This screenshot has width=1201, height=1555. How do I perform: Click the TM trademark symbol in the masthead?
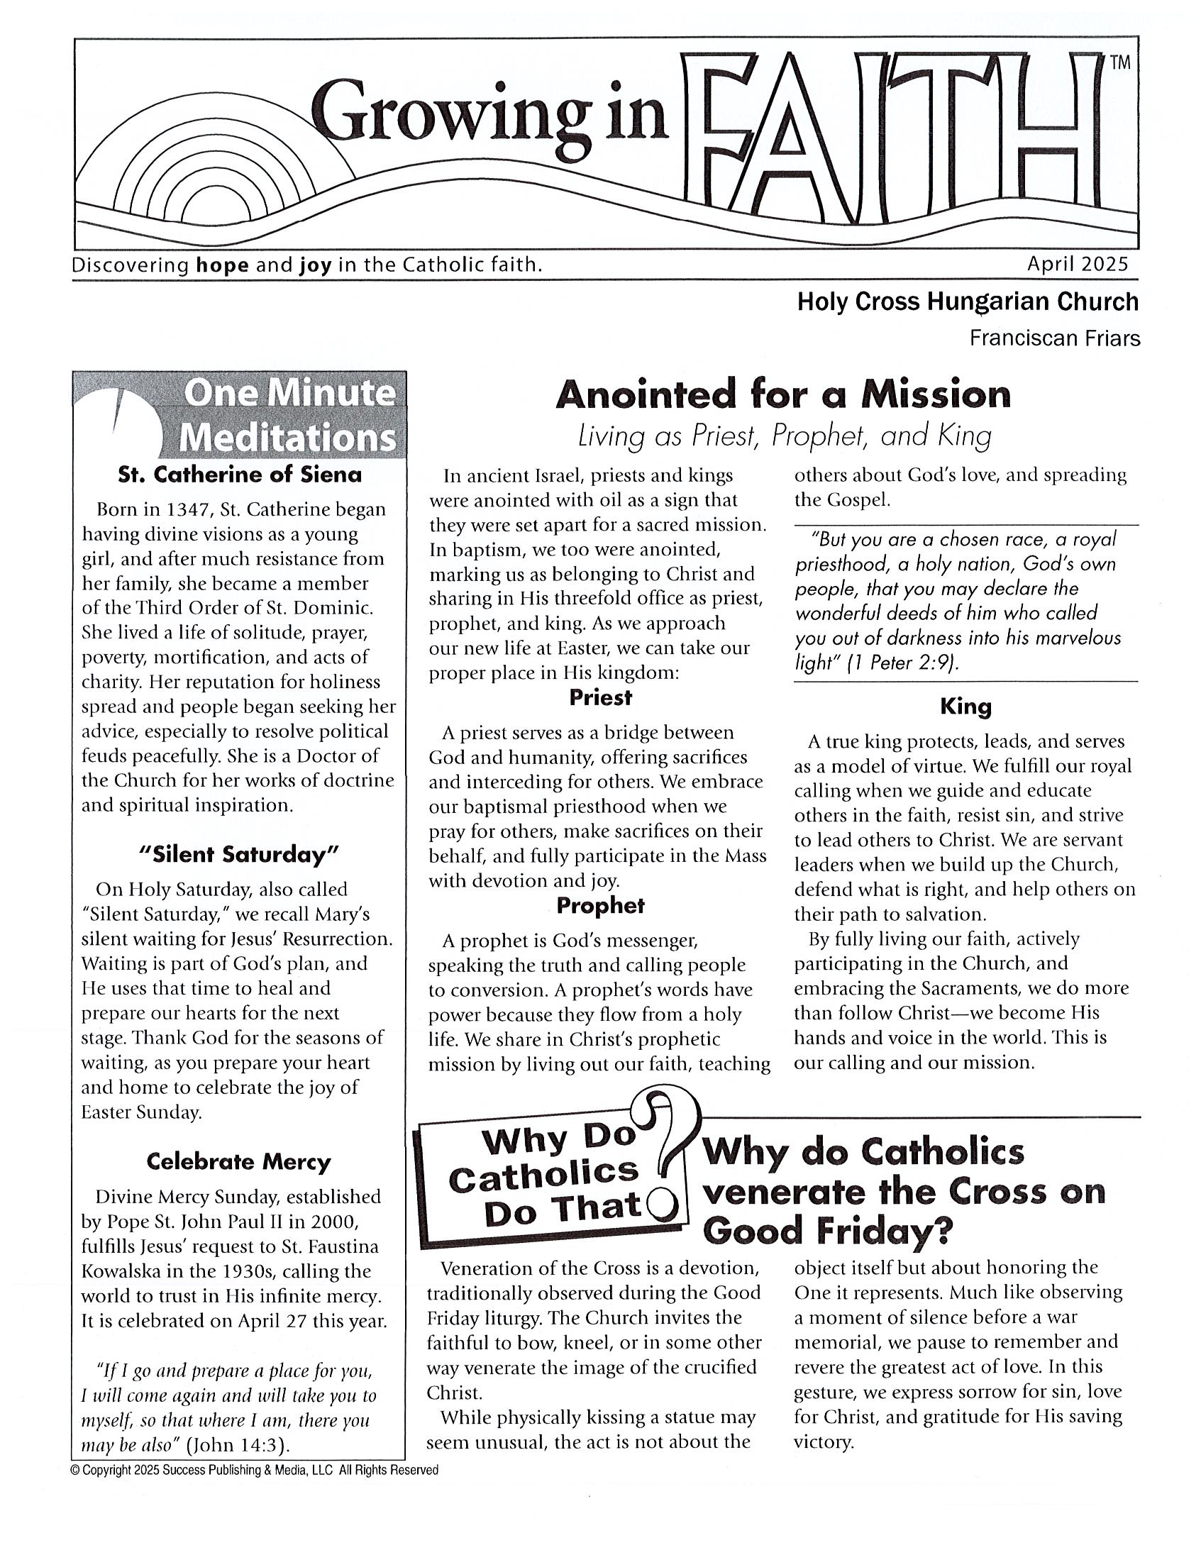pyautogui.click(x=1120, y=62)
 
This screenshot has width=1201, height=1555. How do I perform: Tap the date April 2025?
pyautogui.click(x=1077, y=265)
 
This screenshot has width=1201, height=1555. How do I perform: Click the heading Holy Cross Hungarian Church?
pyautogui.click(x=968, y=302)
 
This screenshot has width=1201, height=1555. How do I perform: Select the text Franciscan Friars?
pyautogui.click(x=1054, y=338)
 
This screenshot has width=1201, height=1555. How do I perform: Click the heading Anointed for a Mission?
pyautogui.click(x=782, y=395)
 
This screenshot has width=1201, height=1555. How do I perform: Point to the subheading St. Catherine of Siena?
pyautogui.click(x=240, y=475)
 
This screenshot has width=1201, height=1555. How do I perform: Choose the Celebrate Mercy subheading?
pyautogui.click(x=238, y=1162)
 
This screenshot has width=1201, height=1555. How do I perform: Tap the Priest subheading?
pyautogui.click(x=600, y=698)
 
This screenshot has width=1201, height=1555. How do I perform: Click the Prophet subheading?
pyautogui.click(x=600, y=906)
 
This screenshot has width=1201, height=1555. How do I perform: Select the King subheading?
pyautogui.click(x=965, y=707)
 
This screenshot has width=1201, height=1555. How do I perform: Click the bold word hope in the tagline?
pyautogui.click(x=222, y=265)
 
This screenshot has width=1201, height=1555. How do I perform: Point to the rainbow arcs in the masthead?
pyautogui.click(x=214, y=178)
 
